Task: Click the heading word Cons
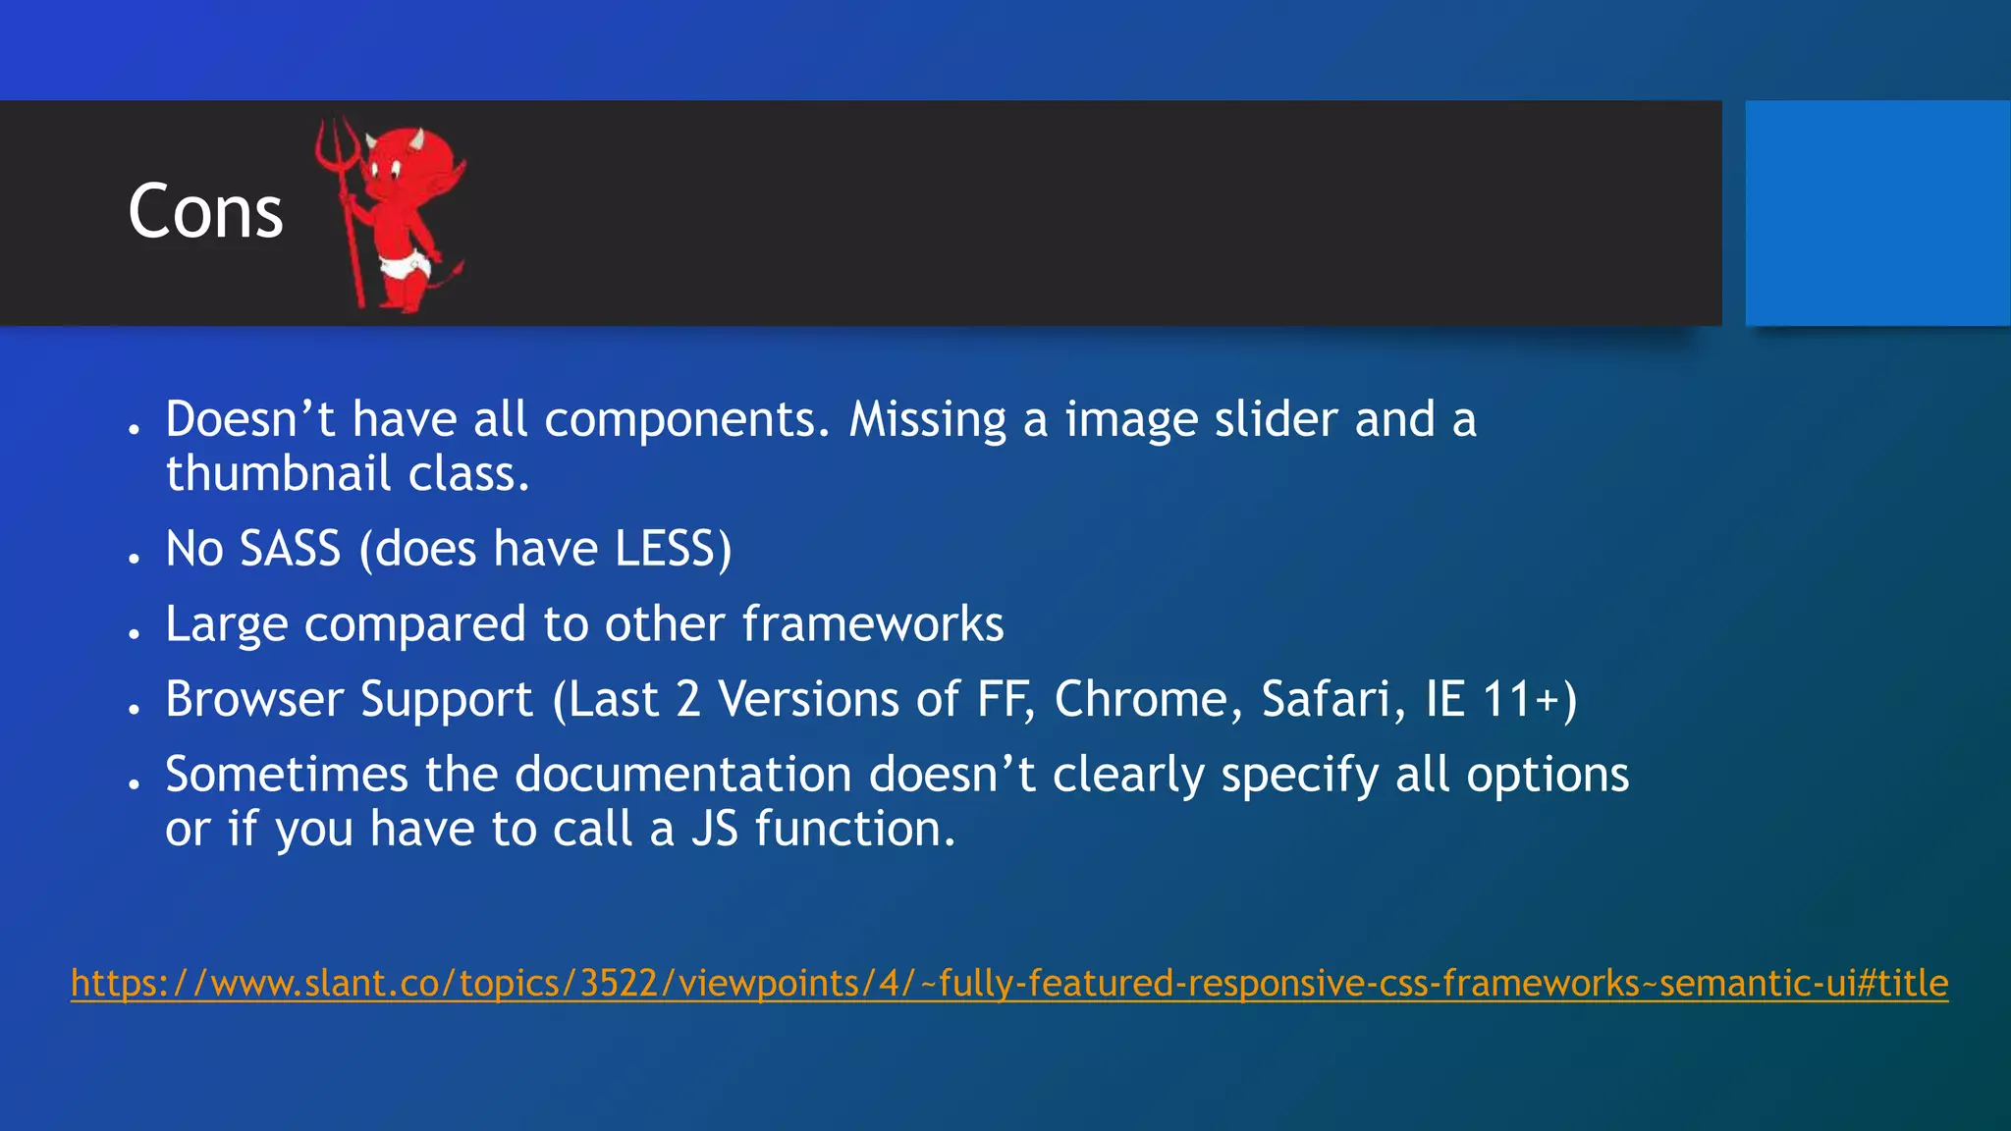pyautogui.click(x=205, y=211)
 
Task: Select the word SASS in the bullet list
pyautogui.click(x=291, y=548)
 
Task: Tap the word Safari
pyautogui.click(x=1326, y=699)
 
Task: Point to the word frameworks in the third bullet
pyautogui.click(x=872, y=623)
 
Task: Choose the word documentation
pyautogui.click(x=683, y=774)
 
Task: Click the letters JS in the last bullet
pyautogui.click(x=714, y=829)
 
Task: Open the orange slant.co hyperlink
pyautogui.click(x=1009, y=983)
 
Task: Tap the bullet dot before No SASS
pyautogui.click(x=135, y=557)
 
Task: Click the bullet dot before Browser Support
pyautogui.click(x=135, y=708)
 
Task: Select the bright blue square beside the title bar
pyautogui.click(x=1877, y=212)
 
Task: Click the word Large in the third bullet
pyautogui.click(x=226, y=623)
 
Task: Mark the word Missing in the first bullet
pyautogui.click(x=928, y=419)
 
